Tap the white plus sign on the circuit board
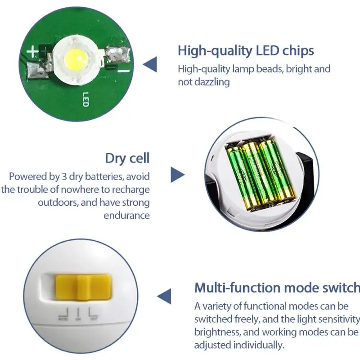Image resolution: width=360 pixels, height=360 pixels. click(33, 52)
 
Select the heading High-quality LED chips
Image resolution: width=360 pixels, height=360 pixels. click(246, 50)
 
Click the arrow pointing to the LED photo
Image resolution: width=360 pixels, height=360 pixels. click(150, 64)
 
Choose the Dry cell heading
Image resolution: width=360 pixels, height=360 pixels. click(127, 158)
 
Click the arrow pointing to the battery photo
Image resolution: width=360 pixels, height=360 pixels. click(177, 175)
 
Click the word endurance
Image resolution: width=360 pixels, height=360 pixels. click(127, 215)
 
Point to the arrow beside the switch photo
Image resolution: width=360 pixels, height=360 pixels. click(164, 297)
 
